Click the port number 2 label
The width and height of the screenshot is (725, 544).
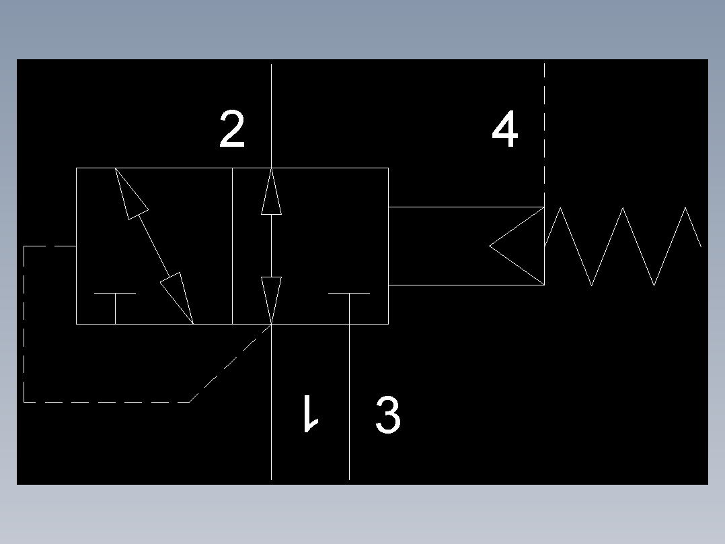pos(231,129)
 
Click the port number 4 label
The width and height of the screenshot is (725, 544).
pos(504,129)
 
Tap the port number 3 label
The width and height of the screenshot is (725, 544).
pos(387,414)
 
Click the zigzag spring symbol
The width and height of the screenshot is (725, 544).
pos(623,246)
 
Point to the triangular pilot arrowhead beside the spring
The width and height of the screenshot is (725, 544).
pos(517,246)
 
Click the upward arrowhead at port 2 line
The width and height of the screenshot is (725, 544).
pos(272,191)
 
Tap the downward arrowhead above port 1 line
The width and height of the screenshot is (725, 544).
pos(272,300)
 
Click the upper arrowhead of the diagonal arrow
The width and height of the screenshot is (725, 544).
pos(132,193)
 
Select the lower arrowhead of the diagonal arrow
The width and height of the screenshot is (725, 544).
pos(177,298)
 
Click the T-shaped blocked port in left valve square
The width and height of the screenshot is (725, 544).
pos(115,308)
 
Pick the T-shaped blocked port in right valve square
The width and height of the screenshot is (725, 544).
pos(349,308)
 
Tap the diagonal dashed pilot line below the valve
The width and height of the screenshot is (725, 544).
pos(230,363)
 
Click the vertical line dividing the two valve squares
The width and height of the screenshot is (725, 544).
pos(232,246)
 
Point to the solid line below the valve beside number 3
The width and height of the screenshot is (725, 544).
pos(349,402)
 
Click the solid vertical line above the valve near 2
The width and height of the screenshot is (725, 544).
pos(272,116)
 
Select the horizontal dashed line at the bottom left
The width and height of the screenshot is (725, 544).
pos(106,402)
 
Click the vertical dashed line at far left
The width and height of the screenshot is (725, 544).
pos(24,324)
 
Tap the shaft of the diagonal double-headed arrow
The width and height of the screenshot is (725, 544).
pos(154,246)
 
